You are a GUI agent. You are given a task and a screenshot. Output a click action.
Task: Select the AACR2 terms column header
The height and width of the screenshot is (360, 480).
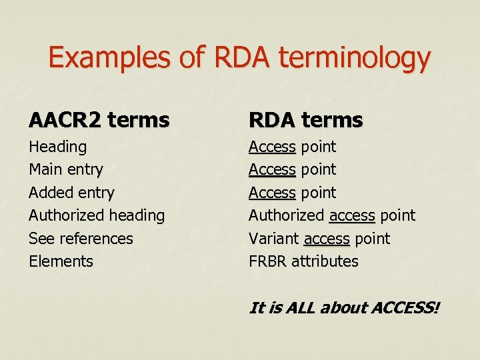click(x=99, y=120)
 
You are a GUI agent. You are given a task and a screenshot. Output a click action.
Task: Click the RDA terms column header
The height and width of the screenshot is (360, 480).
click(x=305, y=120)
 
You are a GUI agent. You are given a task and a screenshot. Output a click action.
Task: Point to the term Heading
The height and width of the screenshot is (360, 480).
click(x=57, y=147)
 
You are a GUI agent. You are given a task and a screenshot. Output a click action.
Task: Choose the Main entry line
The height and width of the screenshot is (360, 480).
click(x=65, y=169)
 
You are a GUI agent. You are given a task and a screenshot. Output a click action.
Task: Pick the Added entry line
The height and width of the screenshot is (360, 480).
click(x=71, y=193)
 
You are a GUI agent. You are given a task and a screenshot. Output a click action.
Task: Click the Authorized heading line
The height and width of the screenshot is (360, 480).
click(x=97, y=215)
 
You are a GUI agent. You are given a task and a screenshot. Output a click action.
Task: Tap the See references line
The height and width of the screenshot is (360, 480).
click(x=81, y=238)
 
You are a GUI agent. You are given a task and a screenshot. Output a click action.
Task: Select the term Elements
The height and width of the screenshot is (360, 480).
click(x=61, y=261)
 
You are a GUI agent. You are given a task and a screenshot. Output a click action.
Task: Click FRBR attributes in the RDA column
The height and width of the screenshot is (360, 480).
click(x=303, y=261)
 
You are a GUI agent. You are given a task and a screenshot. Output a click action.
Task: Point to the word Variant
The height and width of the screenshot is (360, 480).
click(x=273, y=238)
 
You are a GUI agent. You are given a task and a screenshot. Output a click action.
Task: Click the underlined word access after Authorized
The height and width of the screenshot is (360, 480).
click(x=352, y=215)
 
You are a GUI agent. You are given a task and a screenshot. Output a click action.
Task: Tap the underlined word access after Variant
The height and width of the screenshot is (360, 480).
click(x=327, y=238)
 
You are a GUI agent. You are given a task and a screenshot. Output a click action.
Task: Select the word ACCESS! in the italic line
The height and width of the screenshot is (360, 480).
click(x=406, y=308)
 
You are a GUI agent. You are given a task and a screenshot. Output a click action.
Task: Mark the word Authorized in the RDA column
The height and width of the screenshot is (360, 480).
click(x=286, y=215)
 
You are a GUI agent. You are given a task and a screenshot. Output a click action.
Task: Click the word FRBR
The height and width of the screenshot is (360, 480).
click(x=267, y=261)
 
